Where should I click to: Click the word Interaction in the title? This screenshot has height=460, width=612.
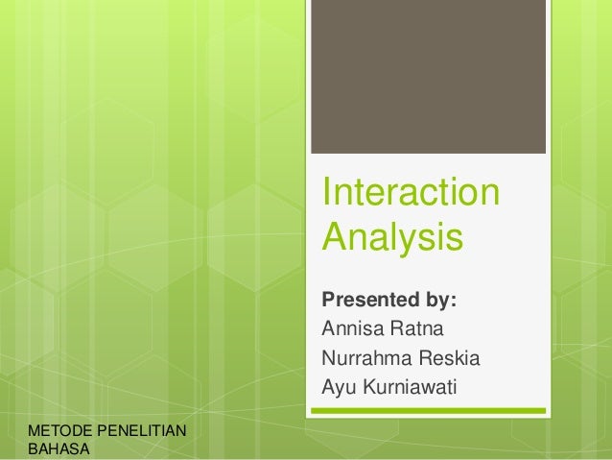[x=411, y=191]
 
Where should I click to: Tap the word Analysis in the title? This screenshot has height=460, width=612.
[x=392, y=236]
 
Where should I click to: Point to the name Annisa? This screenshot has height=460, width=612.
[x=351, y=331]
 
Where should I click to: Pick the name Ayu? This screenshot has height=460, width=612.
[x=338, y=389]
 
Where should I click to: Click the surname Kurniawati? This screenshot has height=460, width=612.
[x=410, y=389]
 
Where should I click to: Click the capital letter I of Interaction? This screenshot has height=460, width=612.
[x=327, y=191]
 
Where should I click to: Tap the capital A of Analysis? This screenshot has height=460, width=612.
[x=334, y=236]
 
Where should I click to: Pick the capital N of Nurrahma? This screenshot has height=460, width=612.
[x=328, y=360]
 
